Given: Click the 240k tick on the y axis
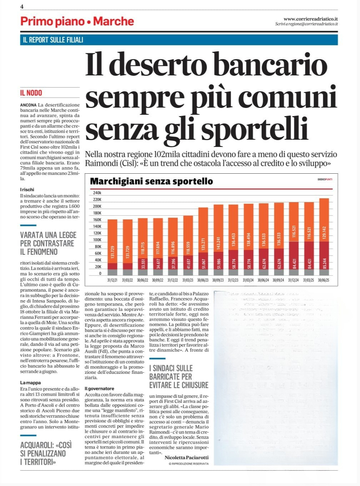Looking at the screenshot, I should click(x=97, y=193).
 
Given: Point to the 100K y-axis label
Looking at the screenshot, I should click(x=97, y=240).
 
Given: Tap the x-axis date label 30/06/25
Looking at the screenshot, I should click(x=324, y=281).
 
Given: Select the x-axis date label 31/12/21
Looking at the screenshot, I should click(x=112, y=281).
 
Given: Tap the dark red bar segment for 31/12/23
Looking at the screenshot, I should click(x=233, y=259).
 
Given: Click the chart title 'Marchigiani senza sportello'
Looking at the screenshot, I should click(x=151, y=181).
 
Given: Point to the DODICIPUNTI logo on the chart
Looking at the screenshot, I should click(x=325, y=179).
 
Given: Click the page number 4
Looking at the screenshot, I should click(x=22, y=7).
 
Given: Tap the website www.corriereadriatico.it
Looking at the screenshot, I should click(x=311, y=19).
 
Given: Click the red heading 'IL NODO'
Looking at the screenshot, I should click(x=31, y=93).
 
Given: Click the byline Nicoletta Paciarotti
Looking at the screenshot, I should click(x=186, y=457).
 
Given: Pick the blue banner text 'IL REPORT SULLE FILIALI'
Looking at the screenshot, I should click(x=53, y=40).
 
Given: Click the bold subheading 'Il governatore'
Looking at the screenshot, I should click(x=99, y=388).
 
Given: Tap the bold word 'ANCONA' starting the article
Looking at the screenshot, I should click(x=28, y=105).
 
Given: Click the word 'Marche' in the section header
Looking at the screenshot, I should click(x=113, y=21).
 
